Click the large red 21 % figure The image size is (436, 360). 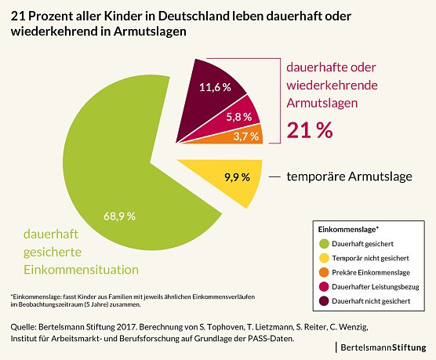tap(310, 131)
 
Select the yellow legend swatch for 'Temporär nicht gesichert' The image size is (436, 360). tap(323, 258)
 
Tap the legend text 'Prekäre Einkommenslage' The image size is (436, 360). tap(371, 271)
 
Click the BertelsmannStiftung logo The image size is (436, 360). tap(384, 346)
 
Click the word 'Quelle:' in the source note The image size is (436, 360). tap(25, 324)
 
